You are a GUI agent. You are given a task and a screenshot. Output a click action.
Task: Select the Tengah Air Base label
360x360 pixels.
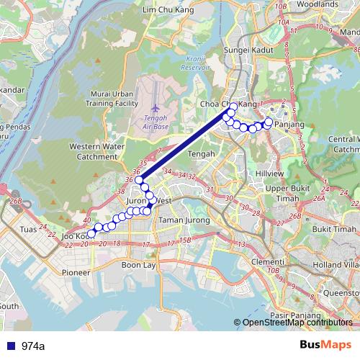pos(156,122)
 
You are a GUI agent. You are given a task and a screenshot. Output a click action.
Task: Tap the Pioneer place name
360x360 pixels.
pos(76,273)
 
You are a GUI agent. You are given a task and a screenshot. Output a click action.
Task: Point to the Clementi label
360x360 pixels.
pos(269,261)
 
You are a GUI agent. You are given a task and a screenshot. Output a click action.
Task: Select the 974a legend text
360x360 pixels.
pos(33,346)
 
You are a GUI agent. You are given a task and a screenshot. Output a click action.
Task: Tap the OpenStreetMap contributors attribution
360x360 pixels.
pos(297,323)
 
